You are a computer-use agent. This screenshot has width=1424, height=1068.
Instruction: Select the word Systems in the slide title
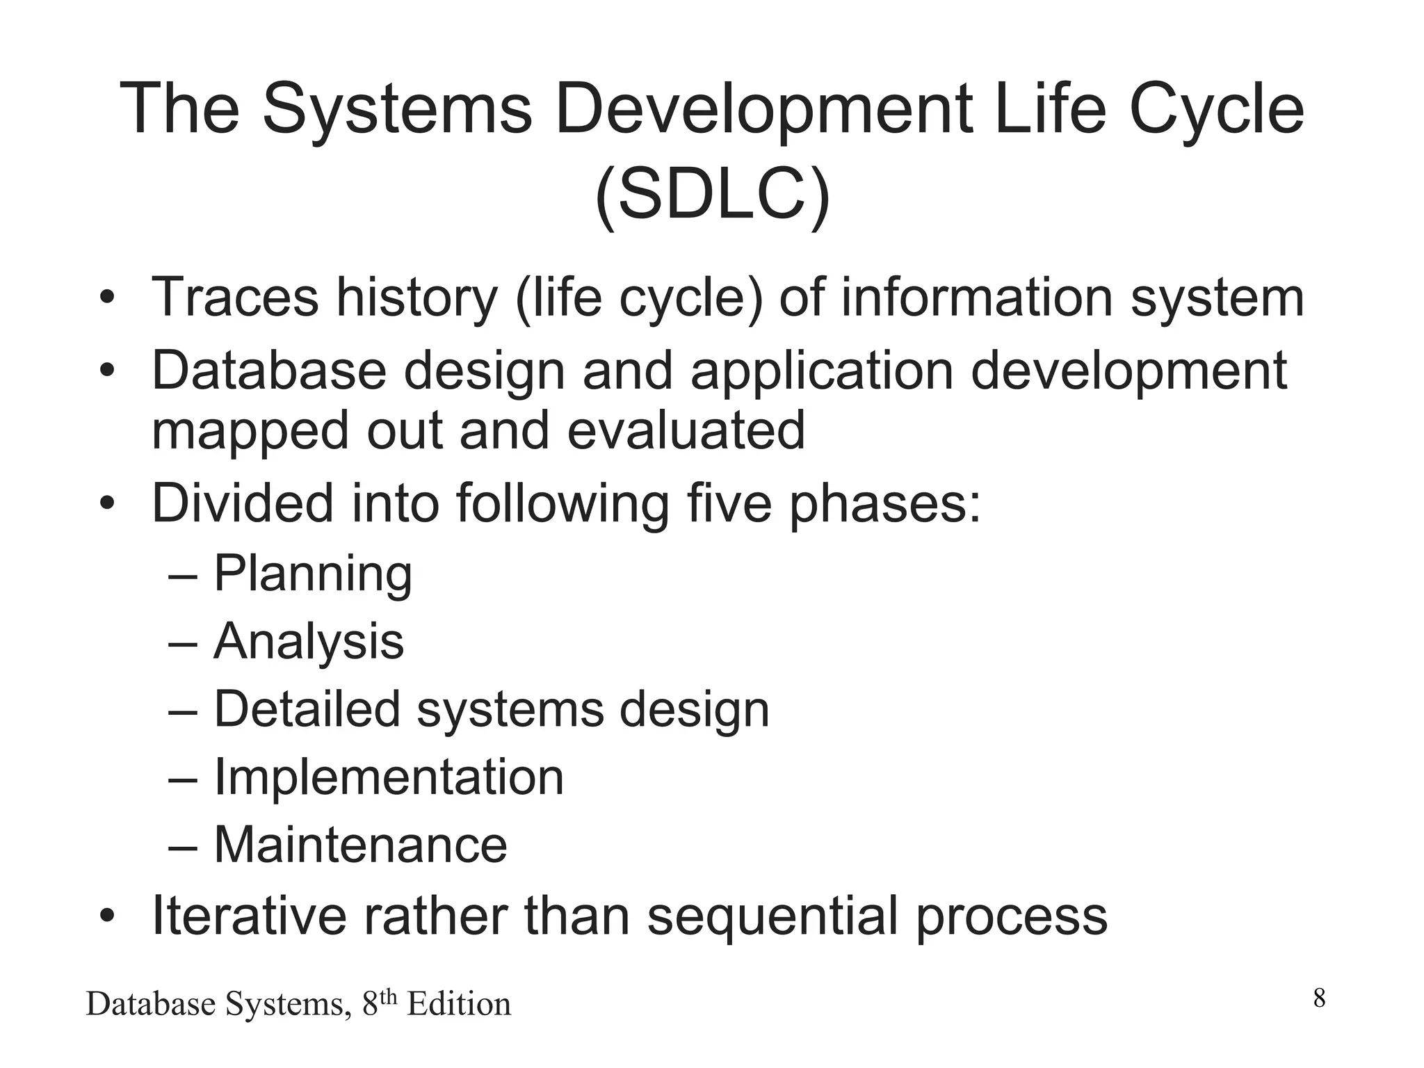(397, 109)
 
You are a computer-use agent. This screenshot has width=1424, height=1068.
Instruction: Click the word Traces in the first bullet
(234, 297)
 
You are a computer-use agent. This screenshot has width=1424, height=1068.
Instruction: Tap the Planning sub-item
(313, 574)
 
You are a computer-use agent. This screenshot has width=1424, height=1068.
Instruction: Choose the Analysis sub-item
(308, 641)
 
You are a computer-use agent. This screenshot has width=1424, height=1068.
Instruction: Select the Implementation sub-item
(388, 777)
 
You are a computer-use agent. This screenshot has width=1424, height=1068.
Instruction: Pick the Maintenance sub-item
(360, 845)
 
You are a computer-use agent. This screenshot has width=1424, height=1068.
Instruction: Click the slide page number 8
(1319, 998)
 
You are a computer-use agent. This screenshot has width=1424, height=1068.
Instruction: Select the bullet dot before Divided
(106, 503)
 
